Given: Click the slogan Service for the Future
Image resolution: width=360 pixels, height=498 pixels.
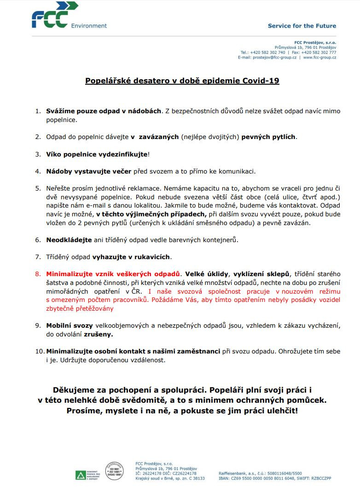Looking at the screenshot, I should click(x=302, y=26).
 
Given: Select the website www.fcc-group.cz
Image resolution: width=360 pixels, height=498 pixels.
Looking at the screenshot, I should click(x=319, y=58).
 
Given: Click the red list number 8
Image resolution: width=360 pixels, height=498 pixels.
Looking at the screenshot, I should click(x=38, y=274).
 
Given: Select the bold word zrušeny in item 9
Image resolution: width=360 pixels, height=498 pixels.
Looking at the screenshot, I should click(x=98, y=335).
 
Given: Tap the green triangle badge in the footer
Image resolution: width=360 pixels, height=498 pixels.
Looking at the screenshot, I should click(x=81, y=475).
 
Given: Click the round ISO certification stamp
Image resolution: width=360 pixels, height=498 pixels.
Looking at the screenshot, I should click(x=114, y=471).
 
